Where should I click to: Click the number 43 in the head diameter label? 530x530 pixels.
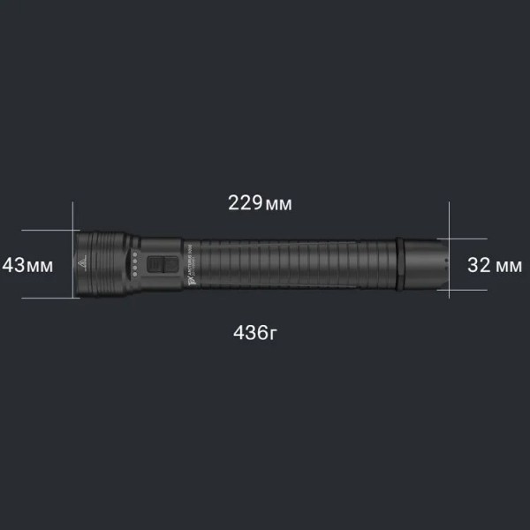pyautogui.click(x=13, y=264)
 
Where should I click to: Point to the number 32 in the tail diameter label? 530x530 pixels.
pyautogui.click(x=478, y=264)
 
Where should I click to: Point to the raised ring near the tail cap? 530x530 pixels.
pyautogui.click(x=401, y=264)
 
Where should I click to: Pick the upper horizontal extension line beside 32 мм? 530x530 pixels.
pyautogui.click(x=468, y=238)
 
